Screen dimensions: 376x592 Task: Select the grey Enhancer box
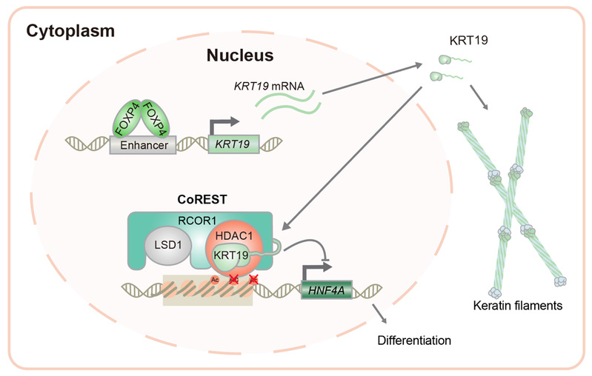140,147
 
